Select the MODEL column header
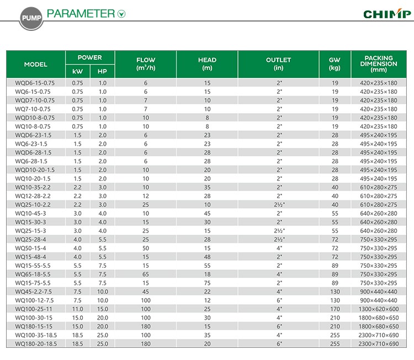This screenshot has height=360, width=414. point(36,64)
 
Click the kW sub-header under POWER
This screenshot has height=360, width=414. point(77,71)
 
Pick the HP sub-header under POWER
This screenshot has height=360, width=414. point(102,71)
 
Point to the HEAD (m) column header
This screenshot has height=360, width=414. point(207,64)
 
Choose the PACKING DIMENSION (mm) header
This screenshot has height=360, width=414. point(378,64)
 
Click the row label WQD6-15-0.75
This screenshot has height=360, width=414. point(33,83)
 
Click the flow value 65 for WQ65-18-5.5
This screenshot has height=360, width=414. point(146,274)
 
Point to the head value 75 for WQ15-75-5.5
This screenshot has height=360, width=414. point(207,283)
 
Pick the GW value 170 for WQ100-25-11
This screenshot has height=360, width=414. point(335,309)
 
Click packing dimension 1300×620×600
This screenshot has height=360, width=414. point(378,309)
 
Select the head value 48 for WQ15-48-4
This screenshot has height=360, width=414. point(207,257)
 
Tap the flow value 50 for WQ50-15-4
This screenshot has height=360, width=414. point(146,248)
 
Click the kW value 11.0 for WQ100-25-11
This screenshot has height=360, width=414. point(77,309)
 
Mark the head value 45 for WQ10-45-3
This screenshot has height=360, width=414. point(207,214)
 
